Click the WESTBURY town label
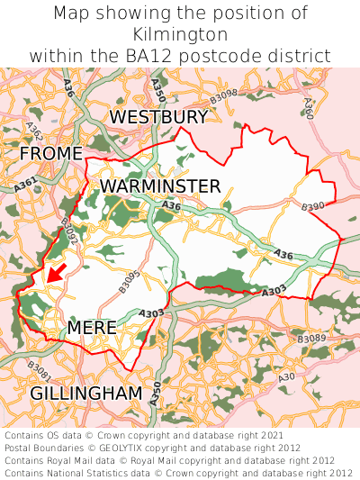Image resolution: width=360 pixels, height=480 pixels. click(158, 117)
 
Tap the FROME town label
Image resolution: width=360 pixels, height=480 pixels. click(50, 154)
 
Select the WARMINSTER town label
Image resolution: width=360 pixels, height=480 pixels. click(160, 186)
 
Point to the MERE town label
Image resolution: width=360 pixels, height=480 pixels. click(92, 327)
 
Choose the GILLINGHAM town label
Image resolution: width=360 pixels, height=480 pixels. click(86, 394)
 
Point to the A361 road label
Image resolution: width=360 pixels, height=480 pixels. click(26, 184)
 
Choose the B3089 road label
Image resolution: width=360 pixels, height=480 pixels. click(311, 339)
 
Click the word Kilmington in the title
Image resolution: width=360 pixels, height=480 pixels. click(180, 34)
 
